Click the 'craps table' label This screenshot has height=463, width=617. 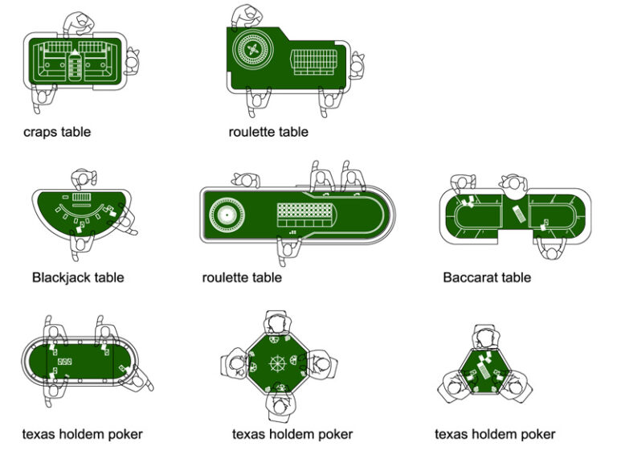(57, 132)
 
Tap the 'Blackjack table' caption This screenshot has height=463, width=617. (78, 277)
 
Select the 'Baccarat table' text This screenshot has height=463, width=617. (487, 277)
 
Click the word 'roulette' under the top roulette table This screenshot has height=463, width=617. (252, 132)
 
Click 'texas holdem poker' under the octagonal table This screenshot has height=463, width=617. (292, 434)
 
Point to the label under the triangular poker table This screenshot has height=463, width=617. (495, 434)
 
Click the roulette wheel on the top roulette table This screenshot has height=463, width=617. (251, 50)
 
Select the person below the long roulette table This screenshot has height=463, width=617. (286, 250)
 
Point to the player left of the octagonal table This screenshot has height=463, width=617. (235, 363)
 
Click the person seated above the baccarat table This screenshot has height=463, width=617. (512, 185)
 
